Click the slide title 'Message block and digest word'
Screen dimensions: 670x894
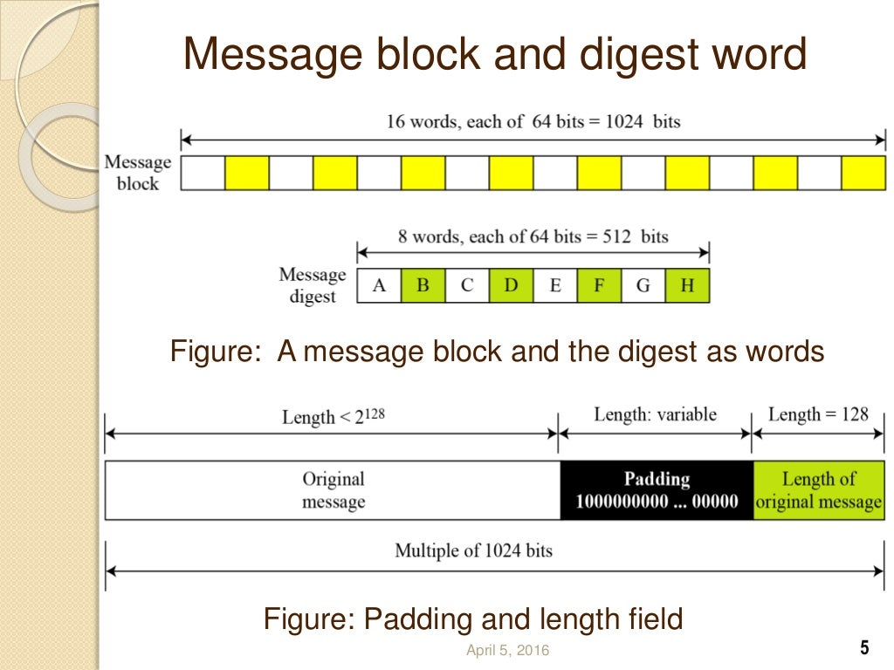pos(495,56)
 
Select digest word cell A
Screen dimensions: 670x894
pos(379,286)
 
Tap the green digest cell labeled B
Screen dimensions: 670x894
pos(423,286)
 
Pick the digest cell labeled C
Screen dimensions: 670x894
pos(467,286)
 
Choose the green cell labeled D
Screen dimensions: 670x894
pos(511,286)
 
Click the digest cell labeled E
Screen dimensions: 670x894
pos(555,286)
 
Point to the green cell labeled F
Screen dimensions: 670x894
pos(599,286)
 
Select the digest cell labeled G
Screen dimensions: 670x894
pos(643,286)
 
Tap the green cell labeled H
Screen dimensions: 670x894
pos(688,286)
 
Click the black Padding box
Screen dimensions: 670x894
pos(656,490)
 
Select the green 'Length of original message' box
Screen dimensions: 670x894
pos(818,490)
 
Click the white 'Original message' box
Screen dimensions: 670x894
pos(333,490)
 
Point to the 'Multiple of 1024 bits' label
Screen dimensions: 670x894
pos(473,550)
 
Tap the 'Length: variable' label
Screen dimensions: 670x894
pos(655,414)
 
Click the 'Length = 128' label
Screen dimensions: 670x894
pos(818,414)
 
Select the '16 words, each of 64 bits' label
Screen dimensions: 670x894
pos(533,121)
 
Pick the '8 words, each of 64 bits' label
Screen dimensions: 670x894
pos(533,236)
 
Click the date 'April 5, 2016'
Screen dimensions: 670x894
pos(508,650)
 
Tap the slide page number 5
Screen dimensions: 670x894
pos(864,648)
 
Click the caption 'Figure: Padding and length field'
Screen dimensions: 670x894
pos(472,619)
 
